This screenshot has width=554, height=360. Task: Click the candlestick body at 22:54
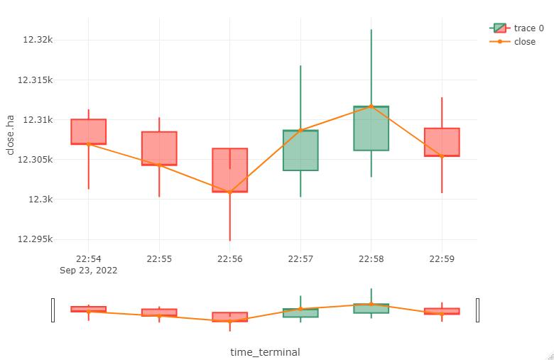tap(88, 131)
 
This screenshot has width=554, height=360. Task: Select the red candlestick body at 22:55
tap(159, 148)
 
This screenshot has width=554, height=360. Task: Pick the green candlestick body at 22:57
tap(300, 151)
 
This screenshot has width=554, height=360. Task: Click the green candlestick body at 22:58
tap(371, 129)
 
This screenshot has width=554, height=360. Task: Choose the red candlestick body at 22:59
tap(442, 142)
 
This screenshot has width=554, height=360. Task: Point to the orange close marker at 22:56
tap(229, 192)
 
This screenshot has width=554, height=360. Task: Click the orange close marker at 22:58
tap(371, 107)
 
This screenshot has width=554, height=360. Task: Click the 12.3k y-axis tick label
tap(41, 200)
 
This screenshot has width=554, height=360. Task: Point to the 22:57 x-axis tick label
tap(300, 259)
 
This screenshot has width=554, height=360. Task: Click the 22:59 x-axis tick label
tap(442, 259)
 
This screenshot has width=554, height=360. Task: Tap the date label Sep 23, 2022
tap(89, 271)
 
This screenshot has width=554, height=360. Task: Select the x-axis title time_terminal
tap(265, 352)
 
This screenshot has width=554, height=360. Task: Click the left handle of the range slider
tap(53, 310)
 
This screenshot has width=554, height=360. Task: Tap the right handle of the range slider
tap(477, 310)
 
